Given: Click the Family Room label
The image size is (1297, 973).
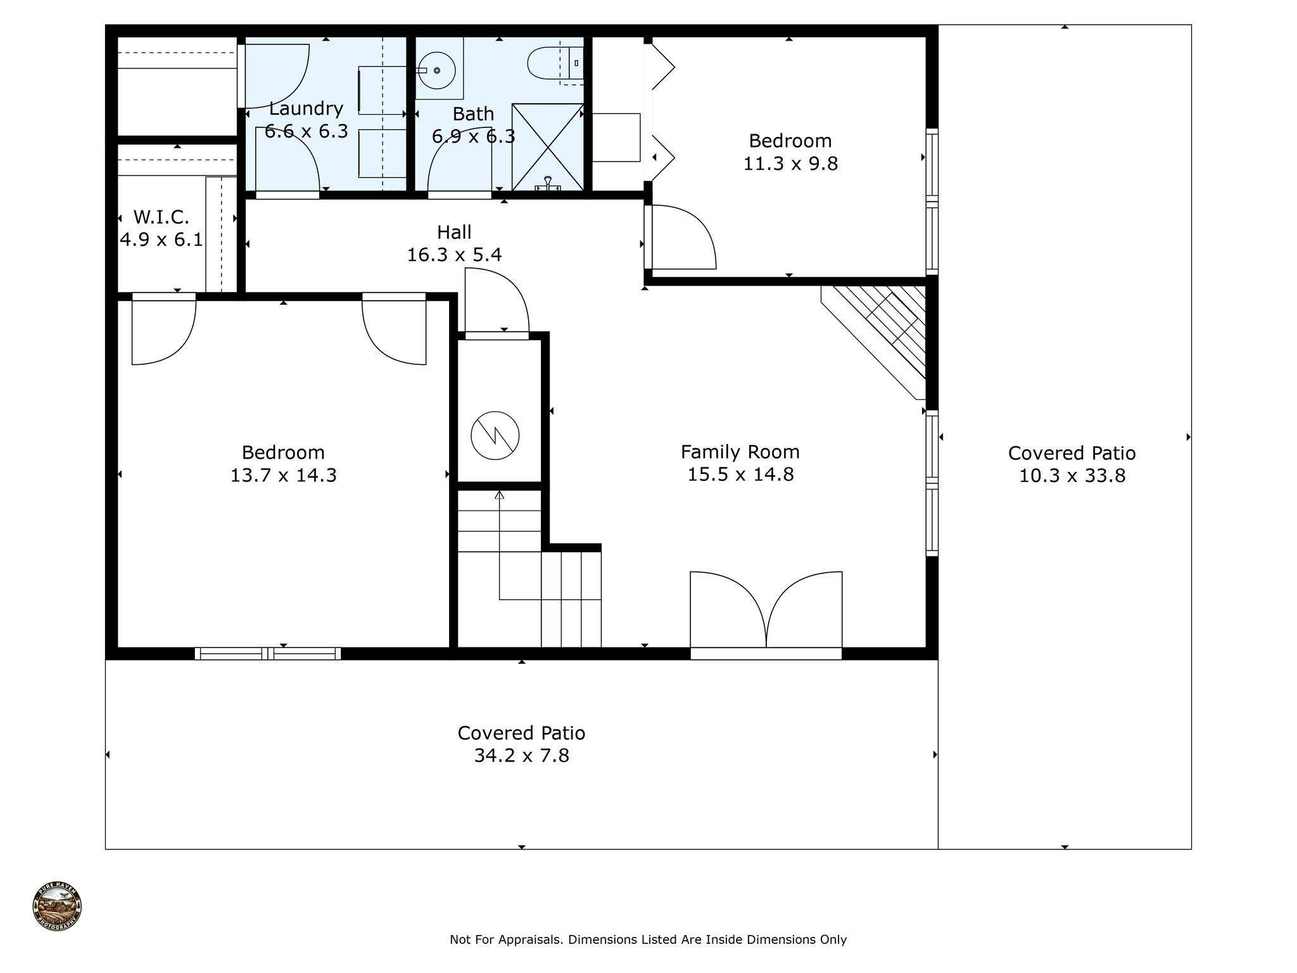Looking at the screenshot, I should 740,452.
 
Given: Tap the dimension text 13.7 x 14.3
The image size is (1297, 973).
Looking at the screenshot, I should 283,475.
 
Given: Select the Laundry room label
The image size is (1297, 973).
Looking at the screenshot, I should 306,108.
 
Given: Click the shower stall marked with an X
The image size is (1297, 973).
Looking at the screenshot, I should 547,146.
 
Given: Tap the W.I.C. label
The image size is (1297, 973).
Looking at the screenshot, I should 161,217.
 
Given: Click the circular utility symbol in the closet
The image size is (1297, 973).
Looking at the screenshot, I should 495,435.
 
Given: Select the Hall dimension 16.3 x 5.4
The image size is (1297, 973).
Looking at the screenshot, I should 454,255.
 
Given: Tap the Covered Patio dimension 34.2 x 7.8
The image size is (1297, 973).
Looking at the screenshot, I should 521,756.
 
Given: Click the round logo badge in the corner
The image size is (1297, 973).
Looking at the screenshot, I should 57,906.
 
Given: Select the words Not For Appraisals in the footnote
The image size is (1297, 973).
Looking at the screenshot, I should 506,939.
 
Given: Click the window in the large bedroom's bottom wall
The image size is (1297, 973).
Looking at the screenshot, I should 267,653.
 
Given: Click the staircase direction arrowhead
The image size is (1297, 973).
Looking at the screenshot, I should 499,495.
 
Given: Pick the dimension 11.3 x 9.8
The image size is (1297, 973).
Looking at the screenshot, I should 790,163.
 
